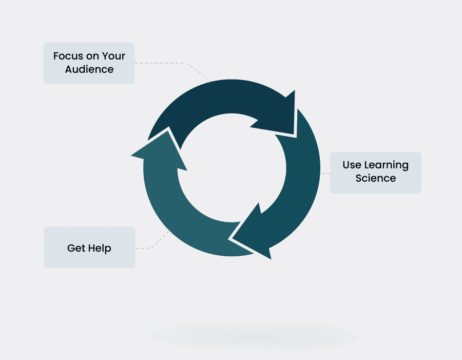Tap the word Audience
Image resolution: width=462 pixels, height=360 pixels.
(x=89, y=69)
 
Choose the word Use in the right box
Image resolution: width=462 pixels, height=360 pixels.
(x=352, y=165)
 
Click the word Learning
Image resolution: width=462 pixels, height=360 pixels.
(x=386, y=165)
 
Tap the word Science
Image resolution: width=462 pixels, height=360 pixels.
(x=376, y=179)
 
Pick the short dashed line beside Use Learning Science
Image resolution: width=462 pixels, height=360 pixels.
(x=325, y=174)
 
